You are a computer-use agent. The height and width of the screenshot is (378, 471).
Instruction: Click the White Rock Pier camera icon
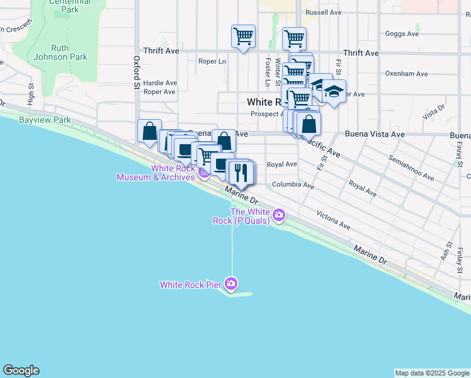[232, 284]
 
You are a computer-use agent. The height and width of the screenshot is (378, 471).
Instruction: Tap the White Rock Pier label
[190, 285]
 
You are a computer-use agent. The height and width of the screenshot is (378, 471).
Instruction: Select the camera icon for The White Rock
[278, 216]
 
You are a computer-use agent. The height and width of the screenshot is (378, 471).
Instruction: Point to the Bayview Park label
[44, 120]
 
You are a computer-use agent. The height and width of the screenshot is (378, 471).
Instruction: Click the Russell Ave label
[323, 12]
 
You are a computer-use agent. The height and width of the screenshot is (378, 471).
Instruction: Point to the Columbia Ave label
[293, 185]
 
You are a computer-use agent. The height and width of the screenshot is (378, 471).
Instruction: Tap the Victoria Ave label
[333, 219]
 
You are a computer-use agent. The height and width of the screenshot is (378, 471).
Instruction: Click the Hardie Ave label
[160, 83]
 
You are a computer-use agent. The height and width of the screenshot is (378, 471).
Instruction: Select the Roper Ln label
[212, 62]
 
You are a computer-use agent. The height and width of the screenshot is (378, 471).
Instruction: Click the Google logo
[21, 370]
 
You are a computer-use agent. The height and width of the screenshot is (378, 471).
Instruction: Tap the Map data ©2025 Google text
[433, 373]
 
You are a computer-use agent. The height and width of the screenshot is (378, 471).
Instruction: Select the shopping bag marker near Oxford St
[149, 132]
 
